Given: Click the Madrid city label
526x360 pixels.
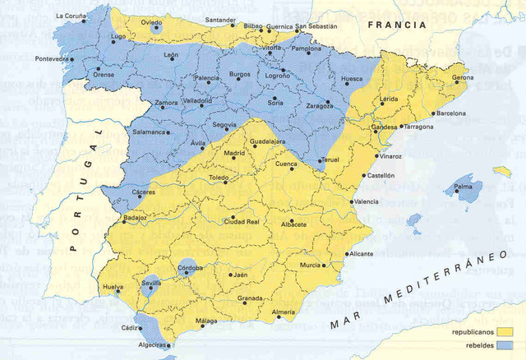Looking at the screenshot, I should [235, 153].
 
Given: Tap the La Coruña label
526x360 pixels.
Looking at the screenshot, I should [72, 16].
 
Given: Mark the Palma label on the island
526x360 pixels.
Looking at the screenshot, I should [464, 187].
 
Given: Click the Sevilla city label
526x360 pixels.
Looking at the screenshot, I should [152, 283].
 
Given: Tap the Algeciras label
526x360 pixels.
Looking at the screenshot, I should [155, 346].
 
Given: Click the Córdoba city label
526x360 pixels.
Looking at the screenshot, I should [190, 268].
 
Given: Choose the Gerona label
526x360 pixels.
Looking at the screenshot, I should [464, 78].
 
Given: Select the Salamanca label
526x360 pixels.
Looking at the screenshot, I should [149, 132].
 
